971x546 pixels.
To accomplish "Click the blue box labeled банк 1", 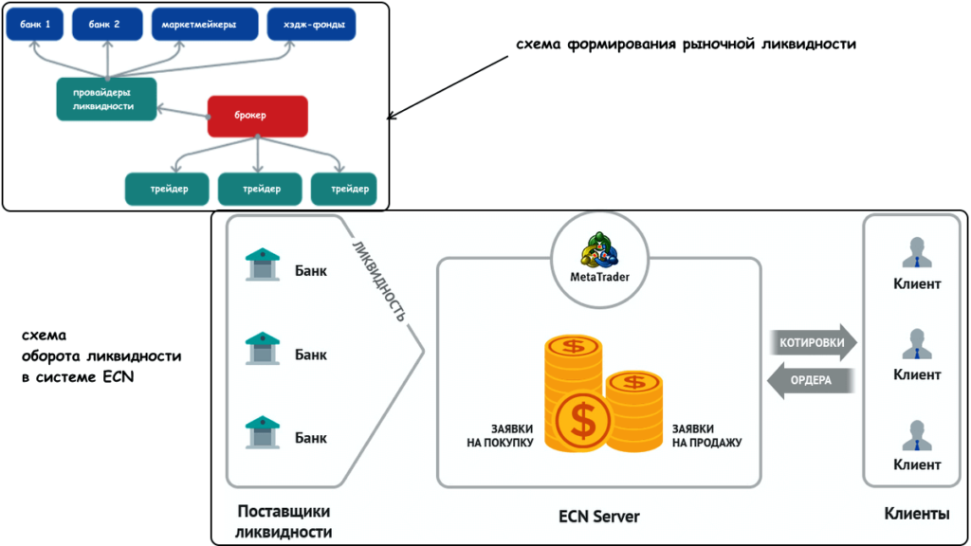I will (x=34, y=25).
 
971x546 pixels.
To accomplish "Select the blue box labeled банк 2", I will (x=107, y=25).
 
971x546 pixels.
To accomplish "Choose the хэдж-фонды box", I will (x=302, y=25).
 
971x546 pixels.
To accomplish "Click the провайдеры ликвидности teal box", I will (x=105, y=99).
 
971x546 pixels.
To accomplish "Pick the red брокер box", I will (x=257, y=116).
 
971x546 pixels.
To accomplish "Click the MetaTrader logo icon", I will (x=599, y=249).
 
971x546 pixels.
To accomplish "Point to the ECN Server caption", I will (x=598, y=517).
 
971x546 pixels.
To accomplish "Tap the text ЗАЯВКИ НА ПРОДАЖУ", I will (x=706, y=435).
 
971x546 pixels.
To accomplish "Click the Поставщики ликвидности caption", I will (x=284, y=521).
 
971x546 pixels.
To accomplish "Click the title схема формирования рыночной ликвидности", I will (x=679, y=45).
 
